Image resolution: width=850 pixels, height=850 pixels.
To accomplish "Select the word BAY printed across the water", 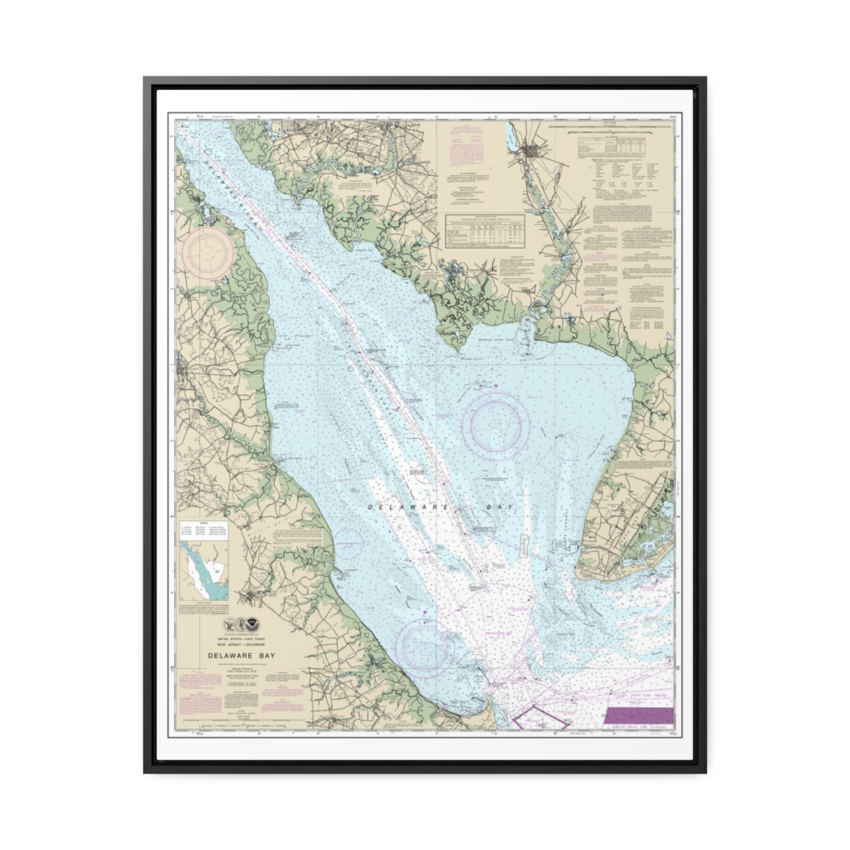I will [499, 506].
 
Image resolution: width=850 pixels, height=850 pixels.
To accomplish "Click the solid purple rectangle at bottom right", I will [638, 716].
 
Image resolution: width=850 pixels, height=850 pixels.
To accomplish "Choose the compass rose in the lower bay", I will [424, 648].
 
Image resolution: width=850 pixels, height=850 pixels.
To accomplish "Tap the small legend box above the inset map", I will [203, 529].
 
